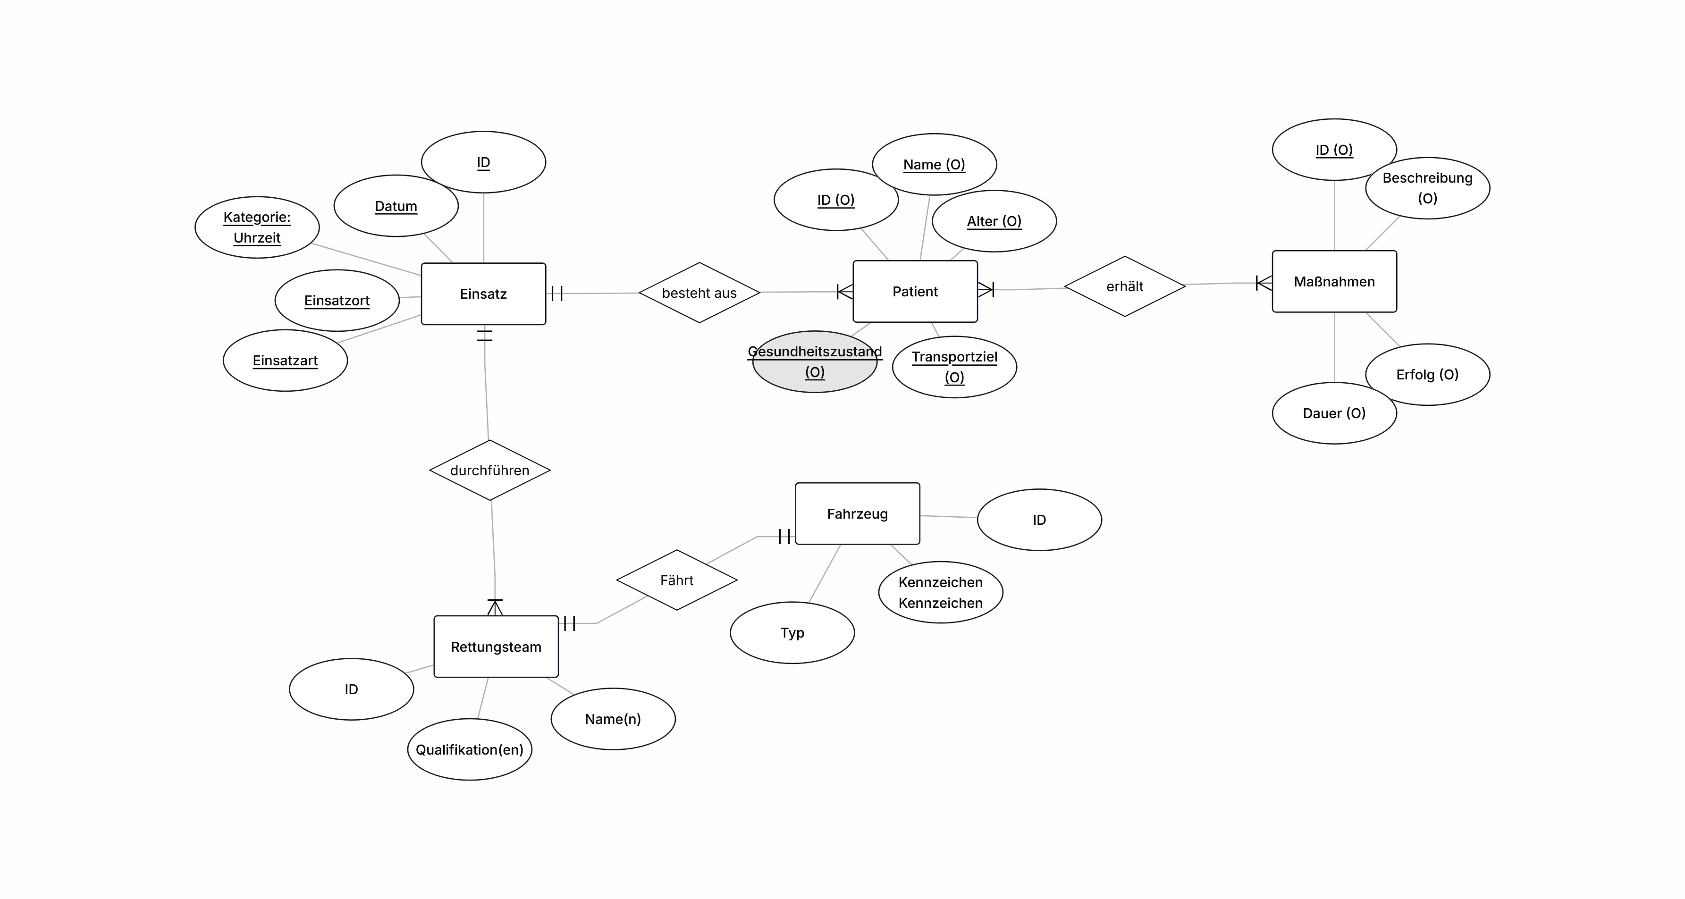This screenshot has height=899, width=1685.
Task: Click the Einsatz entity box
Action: (483, 294)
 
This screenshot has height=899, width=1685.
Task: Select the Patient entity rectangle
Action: (915, 292)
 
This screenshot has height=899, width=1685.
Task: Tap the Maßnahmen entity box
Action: (1334, 281)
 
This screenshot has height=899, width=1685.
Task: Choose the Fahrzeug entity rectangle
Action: (858, 513)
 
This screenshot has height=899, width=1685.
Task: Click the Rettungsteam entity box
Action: (496, 647)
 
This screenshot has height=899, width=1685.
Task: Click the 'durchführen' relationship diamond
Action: (490, 470)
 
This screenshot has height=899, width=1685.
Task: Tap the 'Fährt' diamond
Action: (677, 580)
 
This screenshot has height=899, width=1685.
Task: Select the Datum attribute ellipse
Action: (396, 206)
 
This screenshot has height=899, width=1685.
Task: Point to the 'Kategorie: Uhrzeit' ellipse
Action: (257, 227)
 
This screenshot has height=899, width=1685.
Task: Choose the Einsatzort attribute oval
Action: (337, 301)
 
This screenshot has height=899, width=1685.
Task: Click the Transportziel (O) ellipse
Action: (954, 367)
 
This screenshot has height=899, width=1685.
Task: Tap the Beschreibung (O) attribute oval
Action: (1427, 188)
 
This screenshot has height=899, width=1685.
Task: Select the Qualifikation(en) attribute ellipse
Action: (470, 749)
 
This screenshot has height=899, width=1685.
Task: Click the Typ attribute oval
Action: (792, 633)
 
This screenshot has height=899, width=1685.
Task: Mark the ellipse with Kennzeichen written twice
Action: (941, 592)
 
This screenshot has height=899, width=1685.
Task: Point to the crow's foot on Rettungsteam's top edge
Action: (495, 607)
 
